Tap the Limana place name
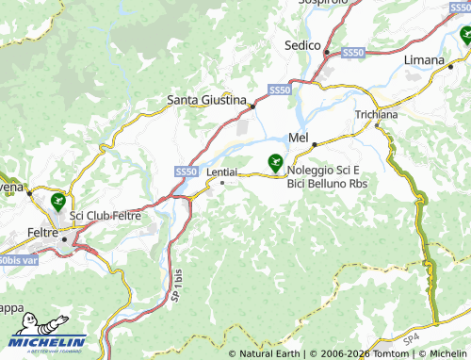point(425,59)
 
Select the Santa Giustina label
point(206,98)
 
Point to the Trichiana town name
point(377,114)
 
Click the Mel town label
point(299,139)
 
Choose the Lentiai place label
point(221,172)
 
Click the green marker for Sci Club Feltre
point(58,201)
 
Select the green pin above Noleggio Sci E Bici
point(275,162)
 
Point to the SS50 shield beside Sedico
point(352,53)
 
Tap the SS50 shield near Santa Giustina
point(279,90)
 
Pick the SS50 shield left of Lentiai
point(187,172)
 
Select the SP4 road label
point(411,337)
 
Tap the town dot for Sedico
point(326,53)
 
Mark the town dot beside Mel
point(315,143)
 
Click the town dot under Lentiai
point(221,183)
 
